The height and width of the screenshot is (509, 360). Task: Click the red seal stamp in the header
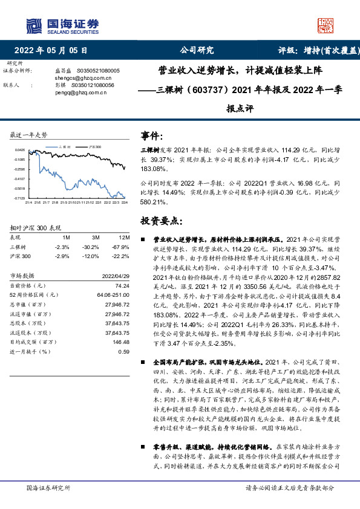pyautogui.click(x=326, y=25)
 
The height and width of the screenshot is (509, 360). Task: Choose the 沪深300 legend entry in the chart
pyautogui.click(x=94, y=146)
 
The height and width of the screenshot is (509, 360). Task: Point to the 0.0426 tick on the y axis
pyautogui.click(x=20, y=150)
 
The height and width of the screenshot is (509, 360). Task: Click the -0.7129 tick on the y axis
pyautogui.click(x=20, y=198)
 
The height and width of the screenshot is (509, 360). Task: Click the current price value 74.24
pyautogui.click(x=123, y=285)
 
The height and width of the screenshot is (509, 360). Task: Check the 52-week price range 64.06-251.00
pyautogui.click(x=113, y=294)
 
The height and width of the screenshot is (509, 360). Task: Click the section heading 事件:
pyautogui.click(x=151, y=136)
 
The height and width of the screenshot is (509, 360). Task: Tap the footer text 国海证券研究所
pyautogui.click(x=46, y=487)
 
